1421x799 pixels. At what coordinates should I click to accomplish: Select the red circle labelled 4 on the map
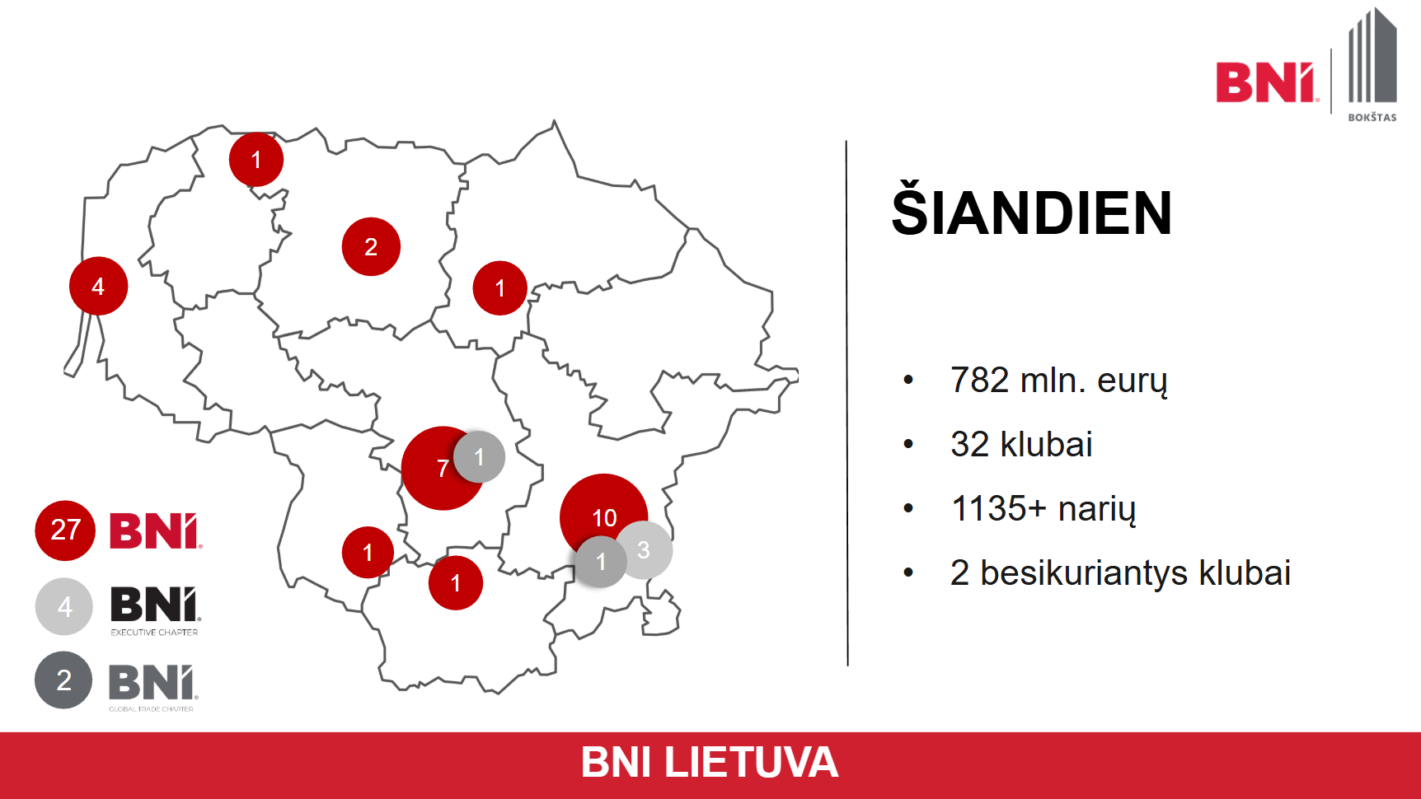coord(99,286)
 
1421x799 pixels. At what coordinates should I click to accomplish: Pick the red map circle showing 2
coord(371,246)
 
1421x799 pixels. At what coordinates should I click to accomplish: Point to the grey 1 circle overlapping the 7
coord(479,456)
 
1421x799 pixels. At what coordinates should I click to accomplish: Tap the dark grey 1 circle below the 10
coord(601,562)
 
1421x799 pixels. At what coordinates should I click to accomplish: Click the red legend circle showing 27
coord(65,530)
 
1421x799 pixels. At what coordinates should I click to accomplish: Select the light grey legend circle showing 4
coord(64,606)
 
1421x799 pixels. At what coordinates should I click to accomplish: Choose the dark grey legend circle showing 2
coord(63,680)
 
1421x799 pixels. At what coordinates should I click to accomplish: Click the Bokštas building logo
coord(1372,65)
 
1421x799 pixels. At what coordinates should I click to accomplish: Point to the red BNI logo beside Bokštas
coord(1267,82)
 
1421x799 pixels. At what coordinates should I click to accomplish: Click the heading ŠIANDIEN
coord(1031,213)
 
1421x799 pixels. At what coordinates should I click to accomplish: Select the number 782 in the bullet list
coord(979,381)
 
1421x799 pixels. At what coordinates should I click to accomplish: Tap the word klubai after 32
coord(1046,445)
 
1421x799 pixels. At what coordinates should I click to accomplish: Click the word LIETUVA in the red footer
coord(751,763)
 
